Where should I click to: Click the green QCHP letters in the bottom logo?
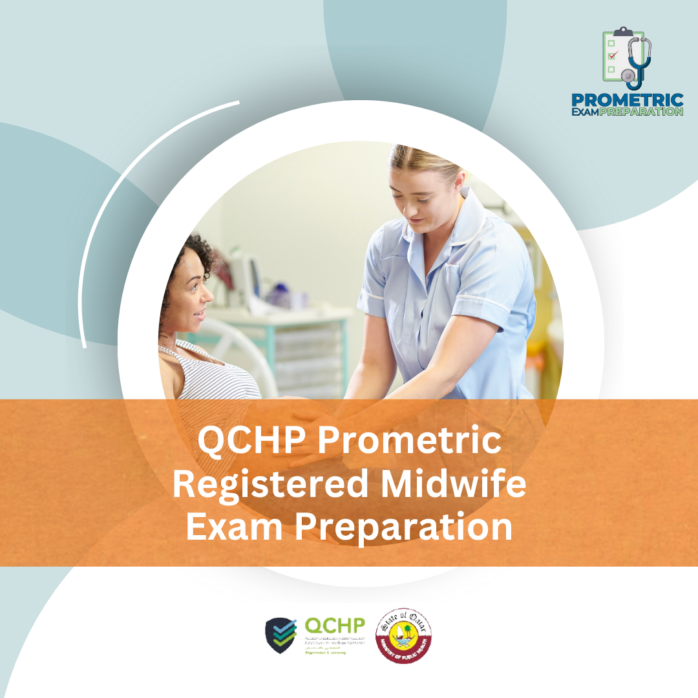[x=334, y=626]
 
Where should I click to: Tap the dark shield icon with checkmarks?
[x=282, y=635]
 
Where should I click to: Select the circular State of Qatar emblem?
[x=404, y=635]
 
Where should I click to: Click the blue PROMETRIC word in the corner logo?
[x=626, y=100]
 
